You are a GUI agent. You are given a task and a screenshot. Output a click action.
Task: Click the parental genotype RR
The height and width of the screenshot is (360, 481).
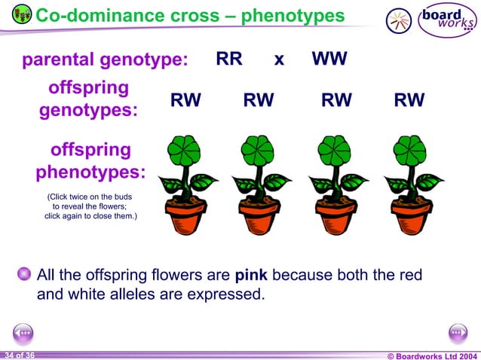pyautogui.click(x=229, y=59)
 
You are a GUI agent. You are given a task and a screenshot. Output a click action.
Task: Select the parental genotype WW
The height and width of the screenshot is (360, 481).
pyautogui.click(x=329, y=59)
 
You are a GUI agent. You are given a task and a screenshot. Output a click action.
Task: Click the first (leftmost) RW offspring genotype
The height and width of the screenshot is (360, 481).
pyautogui.click(x=185, y=101)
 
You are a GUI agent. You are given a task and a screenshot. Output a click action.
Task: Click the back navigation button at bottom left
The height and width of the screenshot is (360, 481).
pyautogui.click(x=23, y=333)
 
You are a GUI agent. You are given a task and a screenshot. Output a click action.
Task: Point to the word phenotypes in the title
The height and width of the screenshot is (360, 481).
pyautogui.click(x=293, y=15)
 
